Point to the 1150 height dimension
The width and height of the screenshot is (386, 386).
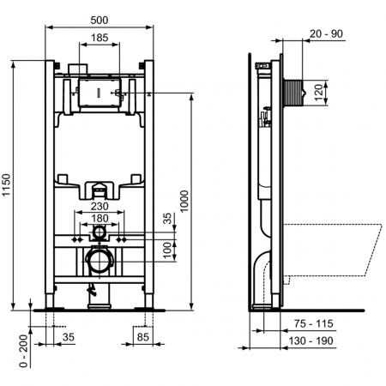[x=8, y=185]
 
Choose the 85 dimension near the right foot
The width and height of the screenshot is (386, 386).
[x=143, y=337]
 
